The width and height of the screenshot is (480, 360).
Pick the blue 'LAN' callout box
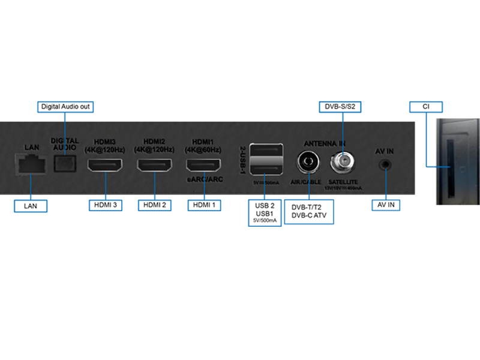(x=31, y=206)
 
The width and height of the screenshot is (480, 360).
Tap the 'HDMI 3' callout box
(x=106, y=205)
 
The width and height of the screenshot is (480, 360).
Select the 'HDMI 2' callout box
(x=155, y=205)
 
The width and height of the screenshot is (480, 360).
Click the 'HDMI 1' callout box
(x=204, y=205)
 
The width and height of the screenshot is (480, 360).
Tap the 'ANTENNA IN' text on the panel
(x=325, y=143)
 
